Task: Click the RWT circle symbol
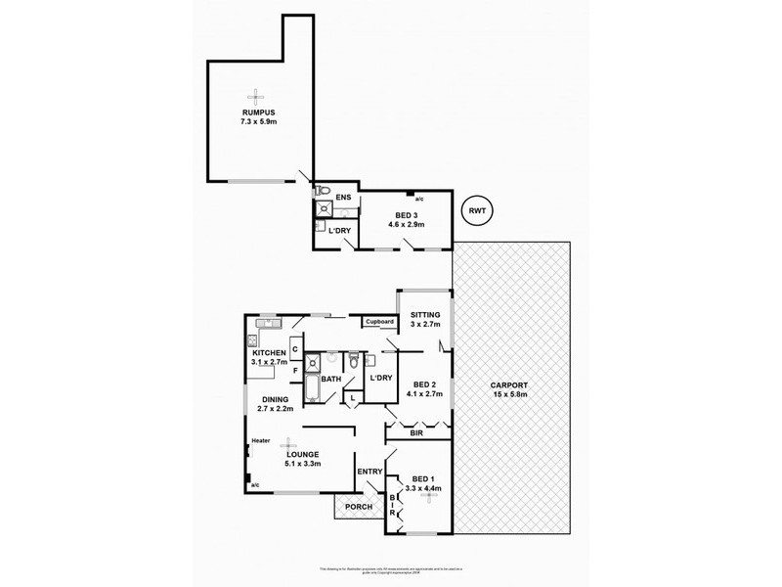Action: [x=478, y=209]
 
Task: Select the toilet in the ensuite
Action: [x=327, y=190]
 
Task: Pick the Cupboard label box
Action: [x=379, y=321]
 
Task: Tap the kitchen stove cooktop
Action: [x=251, y=340]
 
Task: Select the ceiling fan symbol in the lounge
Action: [x=288, y=442]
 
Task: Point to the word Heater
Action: [x=260, y=440]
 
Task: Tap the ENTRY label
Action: [x=370, y=473]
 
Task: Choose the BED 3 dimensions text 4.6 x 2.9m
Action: [x=407, y=223]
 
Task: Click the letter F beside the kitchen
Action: [x=294, y=370]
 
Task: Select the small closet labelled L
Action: [x=352, y=397]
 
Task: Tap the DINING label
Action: [x=276, y=398]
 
